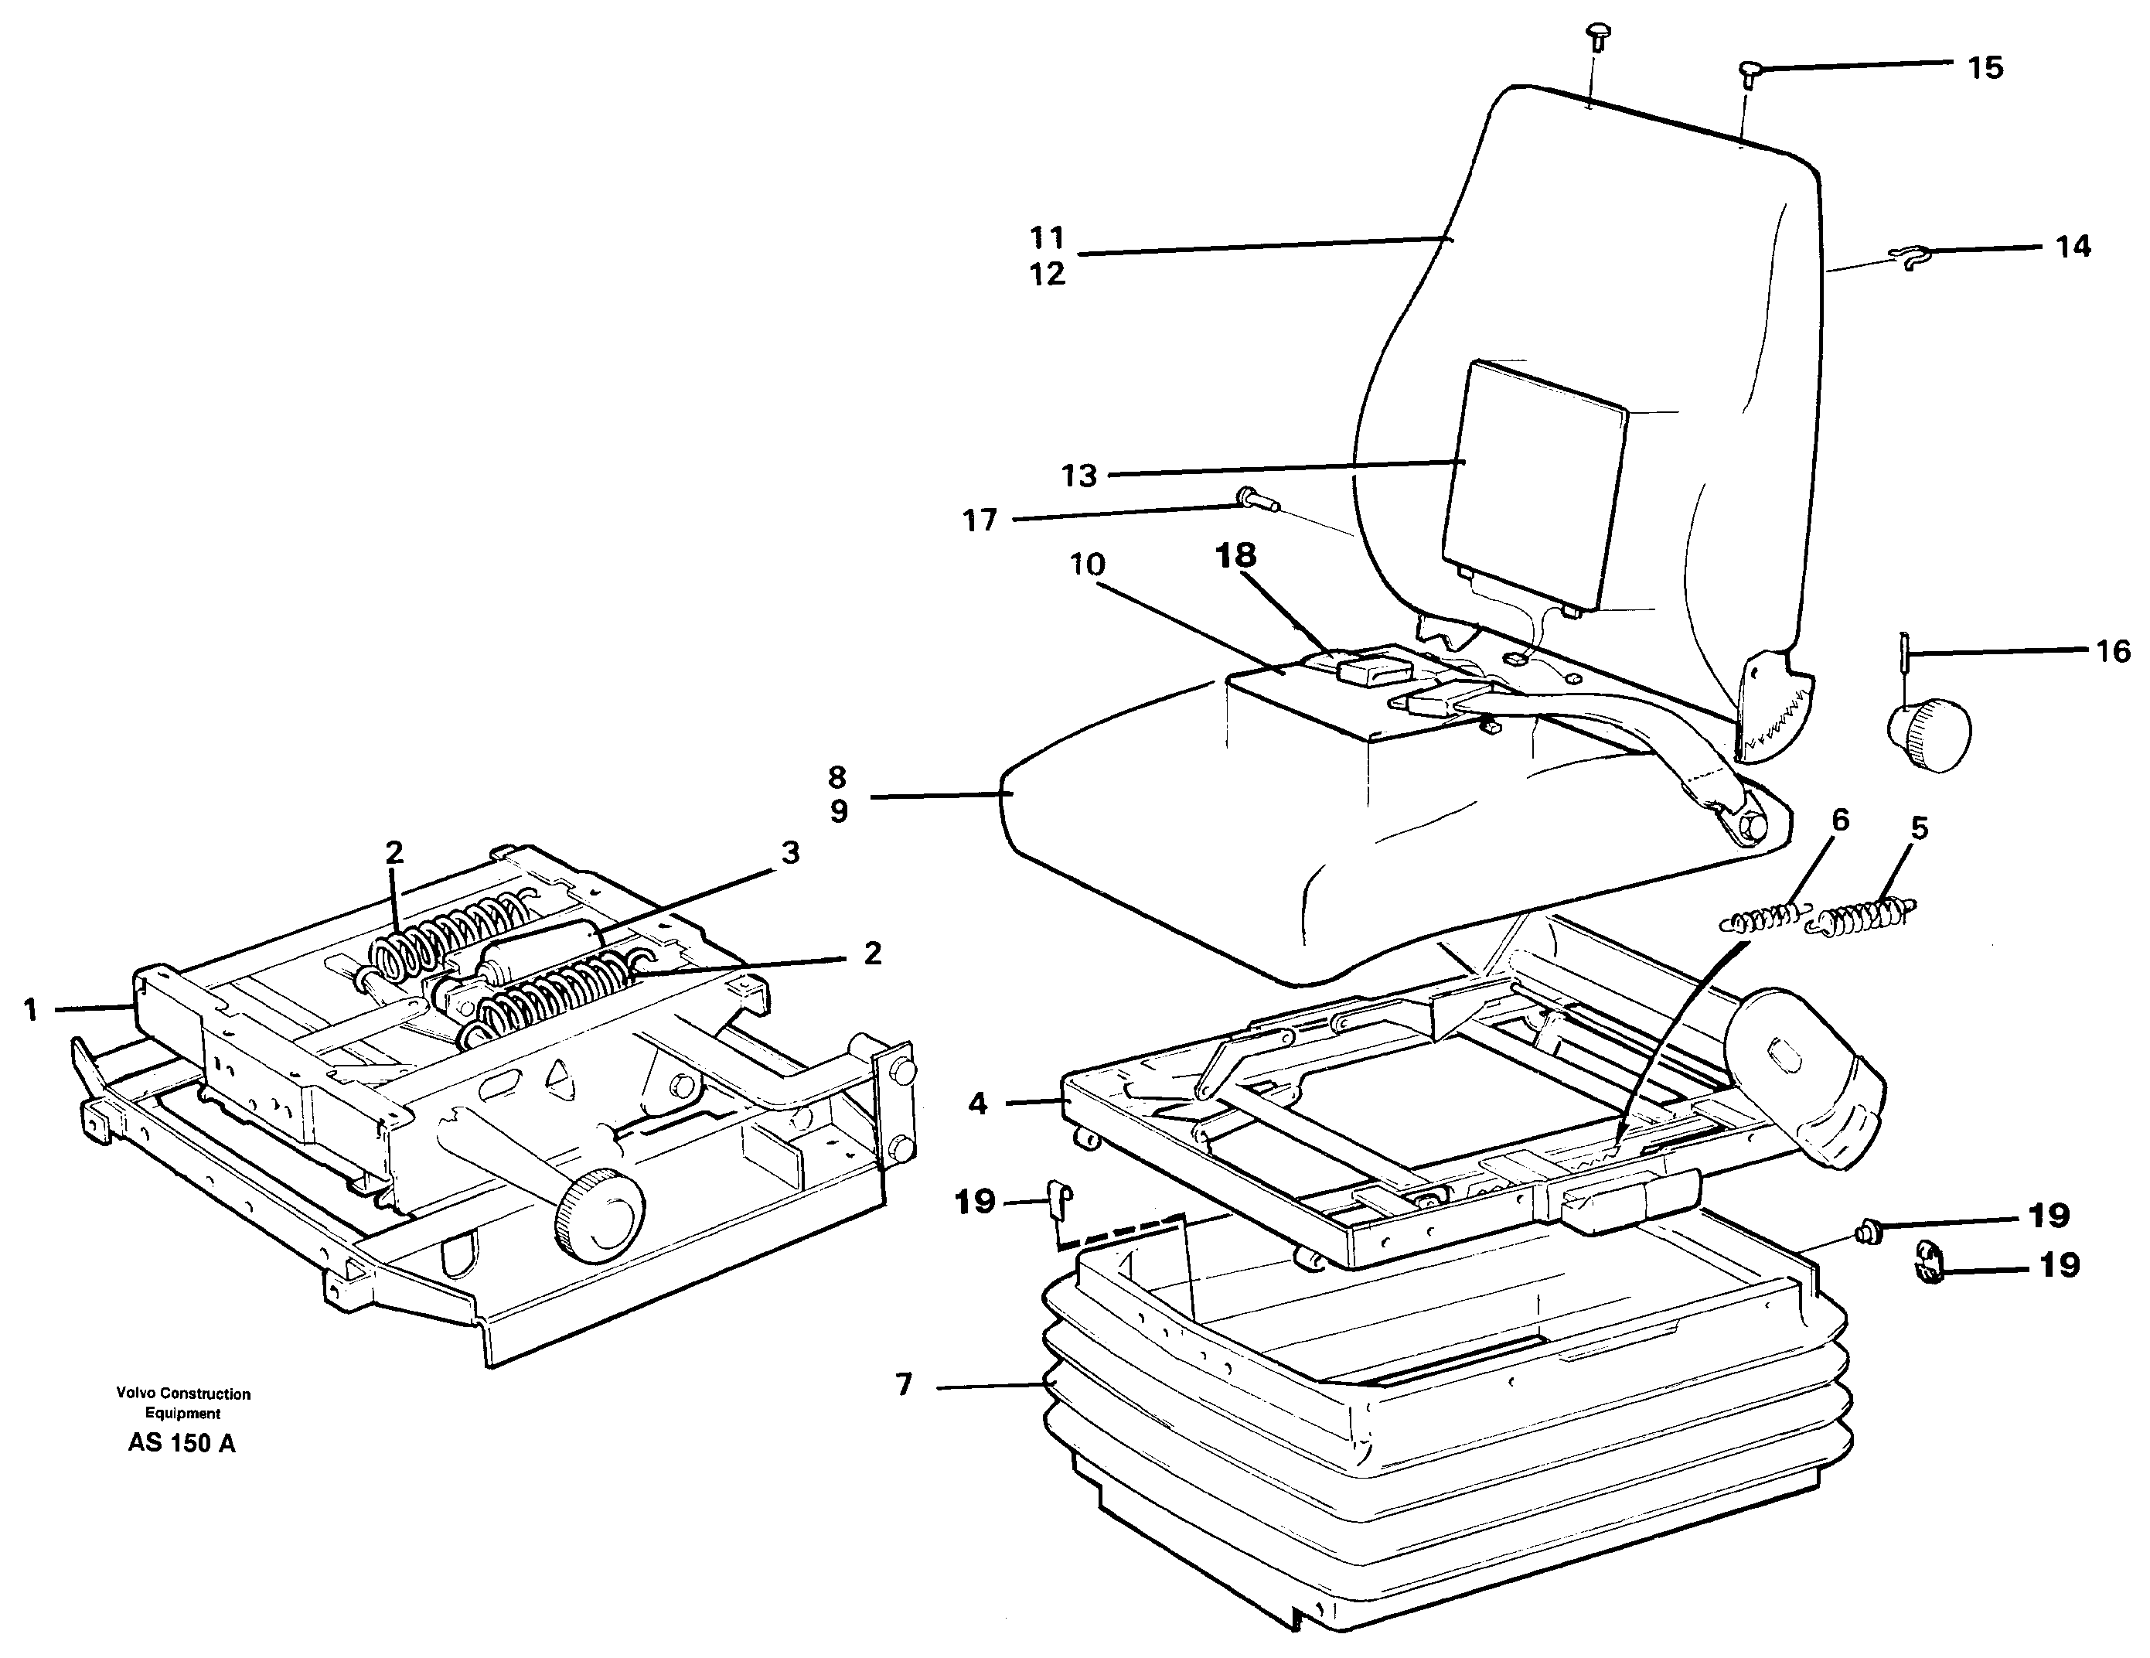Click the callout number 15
pos(1985,68)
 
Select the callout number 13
pos(1079,476)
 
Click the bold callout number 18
pos(1236,555)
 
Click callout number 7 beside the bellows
pos(905,1384)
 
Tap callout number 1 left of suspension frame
pos(30,1009)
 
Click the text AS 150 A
pos(182,1445)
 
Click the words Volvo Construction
pos(183,1394)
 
